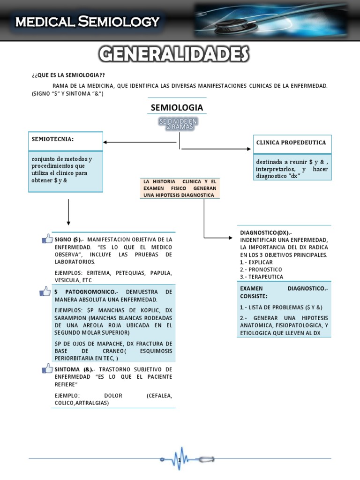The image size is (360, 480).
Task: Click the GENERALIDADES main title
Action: tap(174, 55)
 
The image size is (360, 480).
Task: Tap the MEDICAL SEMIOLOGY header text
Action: tap(87, 21)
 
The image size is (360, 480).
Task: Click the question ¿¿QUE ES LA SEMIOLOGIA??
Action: tap(72, 75)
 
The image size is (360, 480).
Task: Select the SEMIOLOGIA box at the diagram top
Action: tap(177, 108)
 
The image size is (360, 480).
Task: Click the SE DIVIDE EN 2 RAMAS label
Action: tap(178, 124)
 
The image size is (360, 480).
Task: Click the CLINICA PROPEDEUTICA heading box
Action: tap(291, 143)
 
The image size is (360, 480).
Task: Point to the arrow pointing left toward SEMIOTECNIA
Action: tap(141, 142)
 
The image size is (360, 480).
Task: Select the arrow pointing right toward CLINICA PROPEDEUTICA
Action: tap(216, 149)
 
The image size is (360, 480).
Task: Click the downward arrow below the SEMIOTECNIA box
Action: tap(68, 212)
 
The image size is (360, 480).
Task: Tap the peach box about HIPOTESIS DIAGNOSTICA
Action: tap(180, 188)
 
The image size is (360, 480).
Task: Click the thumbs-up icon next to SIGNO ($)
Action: tap(47, 239)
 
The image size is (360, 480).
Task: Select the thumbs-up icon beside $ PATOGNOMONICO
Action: tap(45, 292)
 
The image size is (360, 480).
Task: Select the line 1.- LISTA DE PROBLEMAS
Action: tap(281, 307)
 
